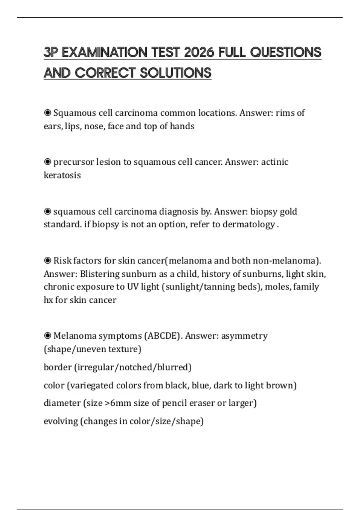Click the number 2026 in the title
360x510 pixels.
click(x=199, y=52)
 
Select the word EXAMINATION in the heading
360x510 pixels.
click(x=104, y=52)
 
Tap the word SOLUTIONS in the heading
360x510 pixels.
click(x=175, y=73)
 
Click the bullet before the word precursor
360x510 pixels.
click(x=47, y=162)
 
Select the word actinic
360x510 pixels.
click(x=274, y=162)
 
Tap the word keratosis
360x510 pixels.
click(x=62, y=175)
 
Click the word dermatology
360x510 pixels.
click(x=249, y=225)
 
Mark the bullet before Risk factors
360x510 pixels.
click(x=47, y=260)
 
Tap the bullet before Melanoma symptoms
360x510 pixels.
click(x=47, y=336)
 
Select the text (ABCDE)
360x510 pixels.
click(x=163, y=336)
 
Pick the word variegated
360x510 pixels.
click(x=91, y=385)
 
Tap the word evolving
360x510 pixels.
click(x=61, y=421)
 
